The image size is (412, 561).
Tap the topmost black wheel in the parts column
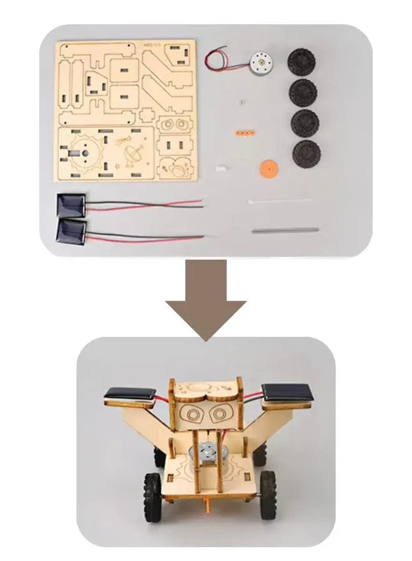pos(302,62)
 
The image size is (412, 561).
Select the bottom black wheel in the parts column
pos(305,152)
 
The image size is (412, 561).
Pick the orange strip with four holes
pos(244,133)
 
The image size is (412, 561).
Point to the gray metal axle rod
pos(285,230)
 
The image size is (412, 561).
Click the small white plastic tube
pos(220,168)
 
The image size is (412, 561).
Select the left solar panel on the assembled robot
pos(130,394)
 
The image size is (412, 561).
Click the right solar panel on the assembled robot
pos(284,392)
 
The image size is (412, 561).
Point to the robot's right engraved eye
pos(219,414)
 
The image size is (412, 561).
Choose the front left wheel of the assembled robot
pos(153,489)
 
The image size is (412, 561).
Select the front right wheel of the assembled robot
pos(269,488)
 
